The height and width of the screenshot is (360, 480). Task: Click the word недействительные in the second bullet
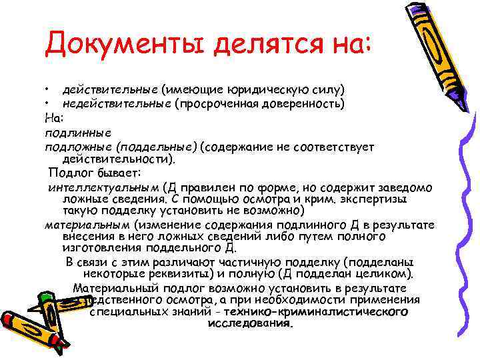pos(116,103)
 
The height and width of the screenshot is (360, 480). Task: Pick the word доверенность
pos(303,103)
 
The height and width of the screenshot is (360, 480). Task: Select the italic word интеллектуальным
pos(105,187)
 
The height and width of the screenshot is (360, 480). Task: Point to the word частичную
pos(253,261)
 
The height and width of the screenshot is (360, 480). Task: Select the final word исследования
pos(250,323)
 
